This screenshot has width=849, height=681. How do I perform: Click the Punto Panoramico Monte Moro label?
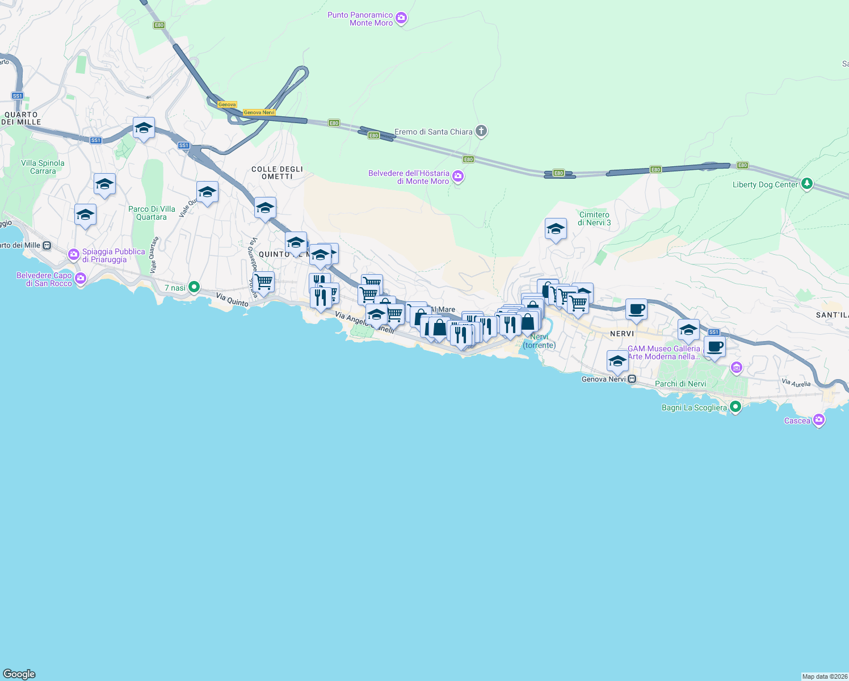point(360,19)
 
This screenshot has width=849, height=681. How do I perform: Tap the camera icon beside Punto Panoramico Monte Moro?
point(401,19)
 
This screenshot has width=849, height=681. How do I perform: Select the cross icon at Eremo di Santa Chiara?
point(481,132)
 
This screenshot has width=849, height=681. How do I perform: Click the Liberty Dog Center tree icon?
point(806,184)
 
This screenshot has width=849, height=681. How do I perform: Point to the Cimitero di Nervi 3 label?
point(594,218)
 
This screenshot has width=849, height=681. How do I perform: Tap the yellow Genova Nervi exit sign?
point(259,112)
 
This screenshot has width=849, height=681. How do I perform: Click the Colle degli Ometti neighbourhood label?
point(277,173)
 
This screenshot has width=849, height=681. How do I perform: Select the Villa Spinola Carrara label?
point(43,167)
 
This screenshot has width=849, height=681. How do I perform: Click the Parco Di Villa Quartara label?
point(152,213)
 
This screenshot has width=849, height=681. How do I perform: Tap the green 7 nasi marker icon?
point(194,287)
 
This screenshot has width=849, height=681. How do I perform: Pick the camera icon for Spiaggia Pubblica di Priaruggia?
point(73,255)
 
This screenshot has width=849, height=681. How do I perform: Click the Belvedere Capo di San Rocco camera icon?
point(81,279)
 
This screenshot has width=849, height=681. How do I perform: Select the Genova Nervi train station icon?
point(632,379)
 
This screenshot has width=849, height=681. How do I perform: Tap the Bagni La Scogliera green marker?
point(735,407)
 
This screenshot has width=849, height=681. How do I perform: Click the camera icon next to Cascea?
point(818,420)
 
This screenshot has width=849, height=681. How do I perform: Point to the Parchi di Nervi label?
point(680,384)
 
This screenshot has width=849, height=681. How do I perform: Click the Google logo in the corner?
point(19,674)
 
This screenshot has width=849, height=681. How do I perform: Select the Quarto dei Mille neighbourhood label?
point(22,118)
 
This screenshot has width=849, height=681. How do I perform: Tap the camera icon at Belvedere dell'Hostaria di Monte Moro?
point(458,176)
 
